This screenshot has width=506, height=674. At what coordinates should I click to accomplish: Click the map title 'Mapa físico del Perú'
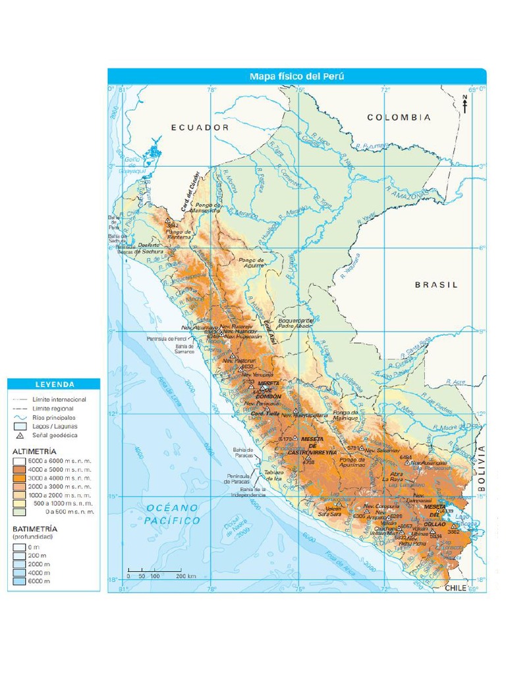click(x=296, y=76)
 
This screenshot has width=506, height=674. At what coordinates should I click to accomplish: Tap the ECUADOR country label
click(x=200, y=127)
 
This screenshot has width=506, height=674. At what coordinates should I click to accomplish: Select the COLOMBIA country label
click(x=399, y=117)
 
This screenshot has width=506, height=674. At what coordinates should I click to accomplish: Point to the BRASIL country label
click(x=436, y=285)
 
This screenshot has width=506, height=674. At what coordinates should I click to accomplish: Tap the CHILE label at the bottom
click(x=455, y=587)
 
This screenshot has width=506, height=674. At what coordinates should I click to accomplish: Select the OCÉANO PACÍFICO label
click(x=173, y=514)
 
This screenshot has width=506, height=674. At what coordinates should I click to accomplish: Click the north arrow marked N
click(x=464, y=104)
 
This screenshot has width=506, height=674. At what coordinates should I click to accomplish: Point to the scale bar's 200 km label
click(x=186, y=576)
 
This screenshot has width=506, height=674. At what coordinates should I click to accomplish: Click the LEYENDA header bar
click(x=54, y=384)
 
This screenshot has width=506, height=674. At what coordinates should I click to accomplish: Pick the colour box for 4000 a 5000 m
click(x=19, y=469)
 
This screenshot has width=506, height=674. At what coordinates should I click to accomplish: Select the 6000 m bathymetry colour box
click(x=19, y=581)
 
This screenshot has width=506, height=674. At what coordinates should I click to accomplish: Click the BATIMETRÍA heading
click(x=35, y=529)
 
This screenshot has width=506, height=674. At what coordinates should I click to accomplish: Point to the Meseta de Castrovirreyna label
click(x=313, y=449)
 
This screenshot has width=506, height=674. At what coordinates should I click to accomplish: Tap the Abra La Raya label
click(x=393, y=477)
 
